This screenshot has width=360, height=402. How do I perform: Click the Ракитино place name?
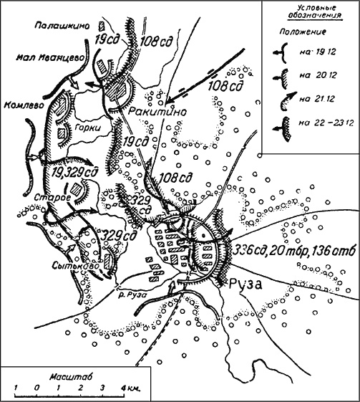150,113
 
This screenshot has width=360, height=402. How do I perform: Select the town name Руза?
245,283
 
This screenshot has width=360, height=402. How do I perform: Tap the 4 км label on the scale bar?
130,388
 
